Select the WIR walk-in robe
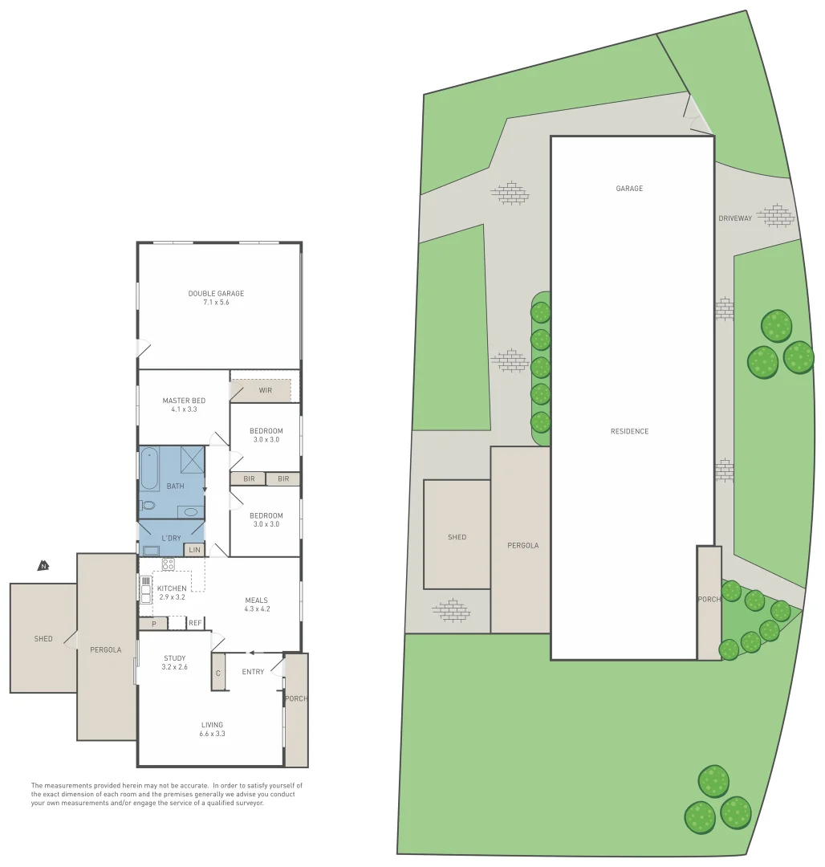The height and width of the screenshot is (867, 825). tap(265, 391)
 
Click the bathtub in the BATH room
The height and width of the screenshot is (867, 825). tap(150, 469)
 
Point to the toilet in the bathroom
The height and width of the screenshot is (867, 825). tap(147, 506)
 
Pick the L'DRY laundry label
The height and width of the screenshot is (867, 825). tap(171, 537)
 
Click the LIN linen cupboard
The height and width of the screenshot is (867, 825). tap(194, 550)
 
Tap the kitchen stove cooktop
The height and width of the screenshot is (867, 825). tap(168, 564)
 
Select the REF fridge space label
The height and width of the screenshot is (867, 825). tap(195, 623)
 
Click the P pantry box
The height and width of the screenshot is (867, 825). tap(152, 623)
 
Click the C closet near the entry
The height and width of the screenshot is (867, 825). tap(217, 673)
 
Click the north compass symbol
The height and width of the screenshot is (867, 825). tap(43, 566)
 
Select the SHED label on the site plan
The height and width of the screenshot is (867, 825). tap(457, 537)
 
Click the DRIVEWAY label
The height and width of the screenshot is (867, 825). tap(735, 218)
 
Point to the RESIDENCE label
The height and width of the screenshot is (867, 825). tap(629, 431)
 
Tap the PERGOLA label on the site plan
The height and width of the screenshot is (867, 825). tap(522, 545)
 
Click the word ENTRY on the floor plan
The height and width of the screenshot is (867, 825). tap(253, 672)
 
